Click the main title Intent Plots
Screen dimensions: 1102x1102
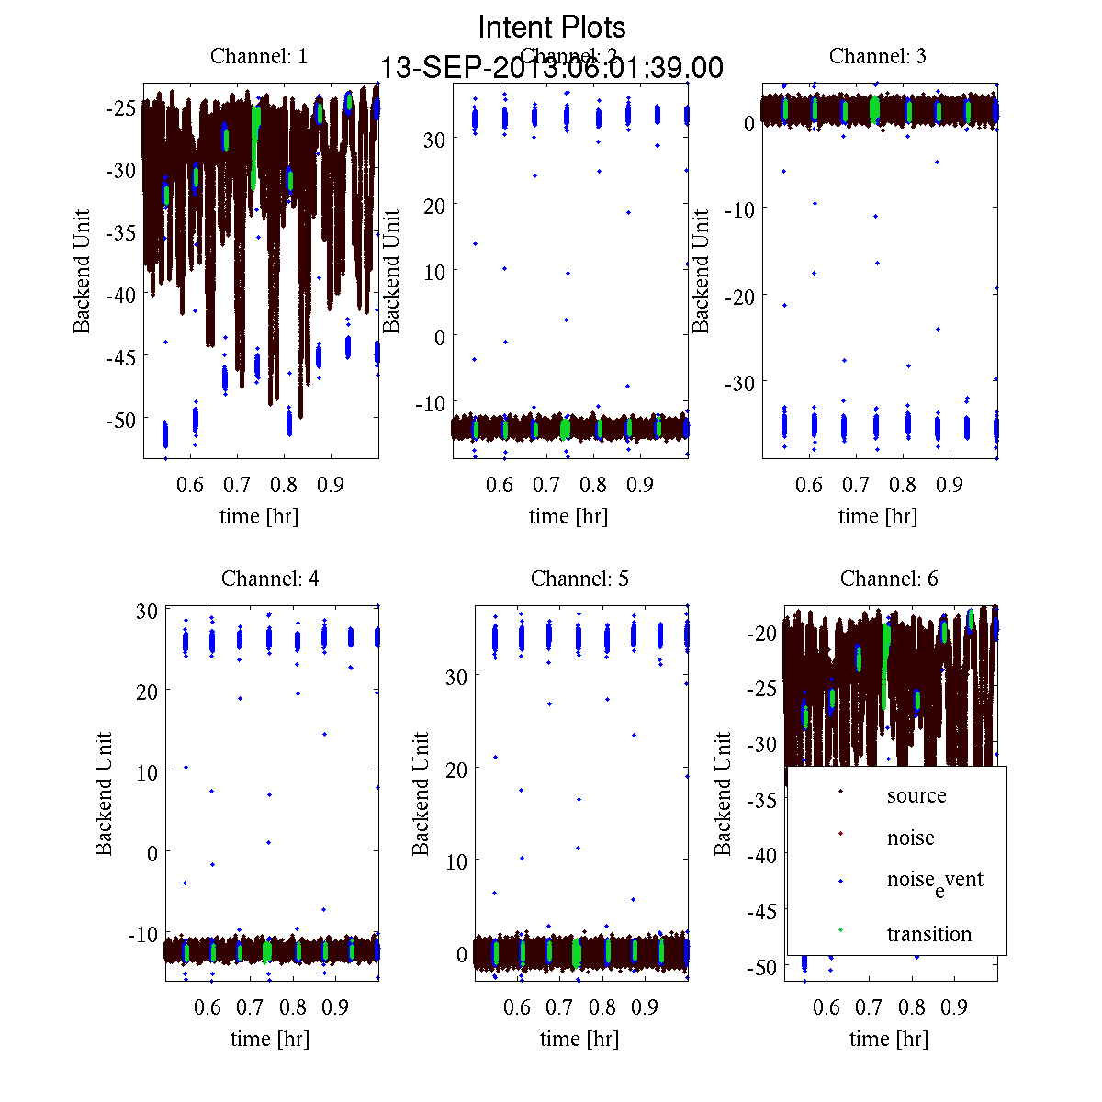click(552, 27)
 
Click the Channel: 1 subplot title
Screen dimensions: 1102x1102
click(259, 56)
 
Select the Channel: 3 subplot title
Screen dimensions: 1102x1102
click(877, 56)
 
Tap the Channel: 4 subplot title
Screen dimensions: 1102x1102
click(270, 579)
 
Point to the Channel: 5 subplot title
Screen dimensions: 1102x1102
click(579, 579)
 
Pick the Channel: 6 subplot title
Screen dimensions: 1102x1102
click(889, 579)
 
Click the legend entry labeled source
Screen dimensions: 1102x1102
click(916, 795)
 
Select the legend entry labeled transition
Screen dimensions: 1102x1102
click(928, 934)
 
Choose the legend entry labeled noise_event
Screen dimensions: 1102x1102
click(935, 881)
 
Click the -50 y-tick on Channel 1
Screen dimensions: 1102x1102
click(120, 419)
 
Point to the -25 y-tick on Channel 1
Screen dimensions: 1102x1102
click(120, 107)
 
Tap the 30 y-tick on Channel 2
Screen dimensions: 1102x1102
click(433, 139)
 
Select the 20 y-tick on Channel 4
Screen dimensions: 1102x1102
click(147, 691)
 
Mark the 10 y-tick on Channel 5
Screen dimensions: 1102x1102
click(456, 861)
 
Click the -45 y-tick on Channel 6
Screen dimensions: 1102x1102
click(760, 911)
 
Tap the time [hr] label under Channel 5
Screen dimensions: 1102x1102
click(579, 1039)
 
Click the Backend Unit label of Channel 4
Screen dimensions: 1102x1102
click(104, 793)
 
